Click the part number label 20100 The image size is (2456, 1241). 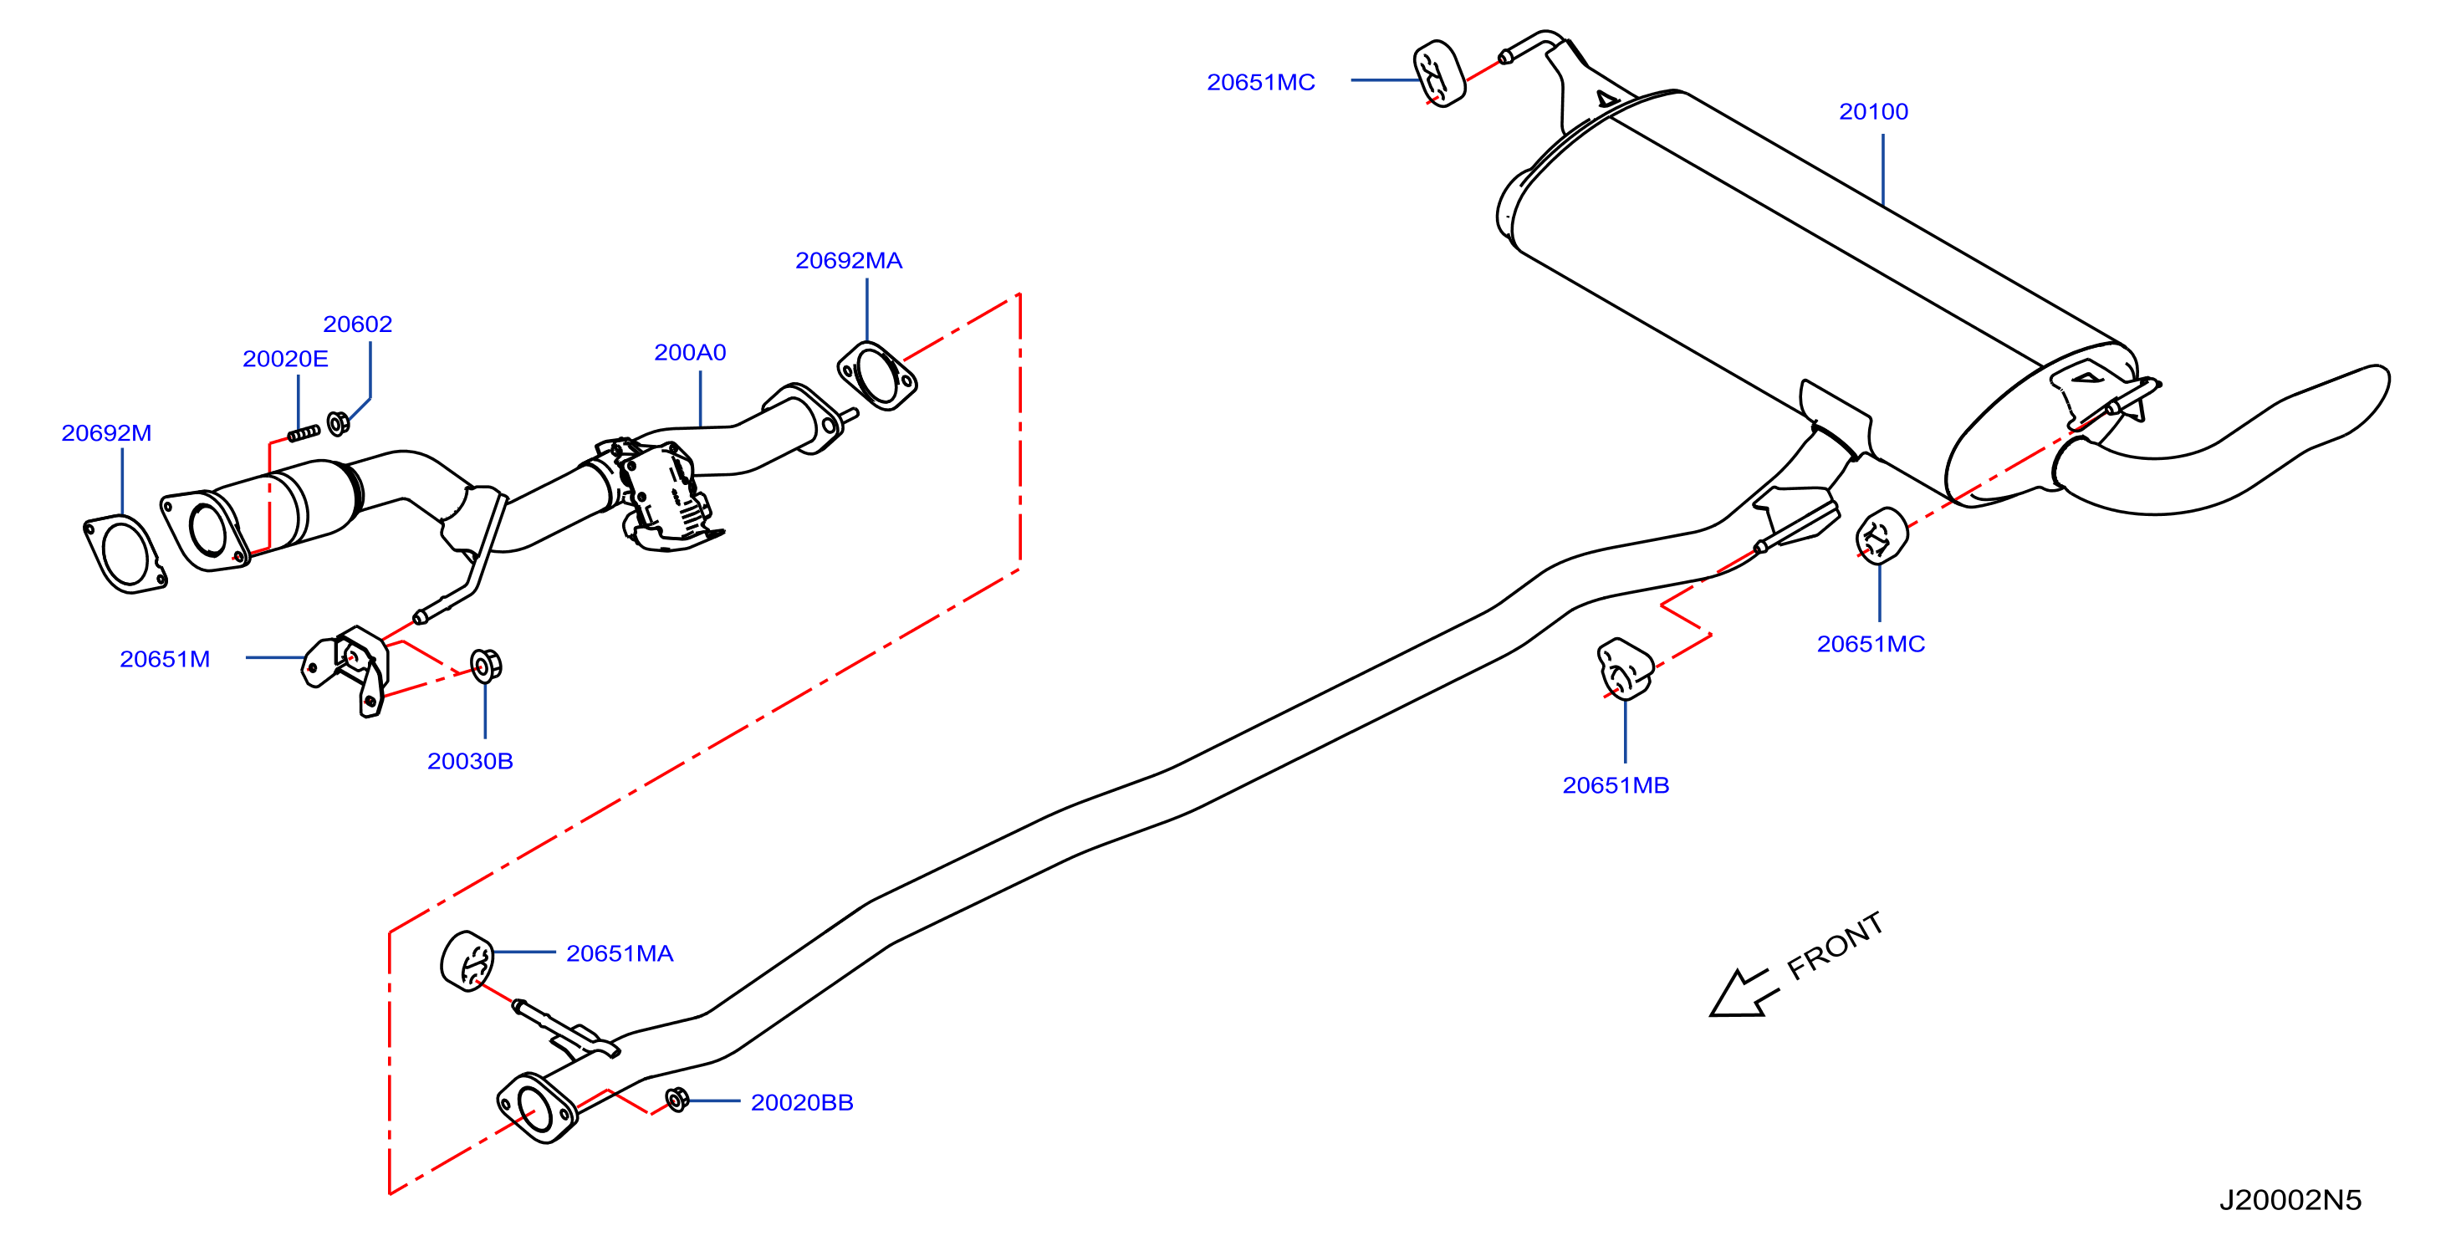[x=1872, y=111]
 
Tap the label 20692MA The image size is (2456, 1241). [x=849, y=260]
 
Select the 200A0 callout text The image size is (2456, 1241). [x=689, y=353]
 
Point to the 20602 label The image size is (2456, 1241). [x=358, y=324]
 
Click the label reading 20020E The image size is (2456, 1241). [x=285, y=359]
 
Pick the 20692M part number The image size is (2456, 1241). [x=106, y=432]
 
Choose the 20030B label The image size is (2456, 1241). [x=470, y=761]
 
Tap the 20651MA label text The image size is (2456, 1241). [x=620, y=953]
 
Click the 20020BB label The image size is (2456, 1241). [x=802, y=1102]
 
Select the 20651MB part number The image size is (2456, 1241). [x=1615, y=785]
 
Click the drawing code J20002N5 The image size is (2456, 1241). [x=2290, y=1200]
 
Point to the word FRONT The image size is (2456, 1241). [x=1836, y=946]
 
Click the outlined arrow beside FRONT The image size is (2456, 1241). [x=1743, y=995]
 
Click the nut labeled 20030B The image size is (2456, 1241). [x=485, y=666]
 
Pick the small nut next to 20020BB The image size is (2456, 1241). [x=677, y=1100]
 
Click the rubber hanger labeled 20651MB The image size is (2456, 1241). [x=1623, y=669]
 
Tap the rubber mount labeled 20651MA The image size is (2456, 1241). [x=467, y=961]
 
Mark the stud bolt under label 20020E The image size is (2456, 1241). [x=304, y=434]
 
